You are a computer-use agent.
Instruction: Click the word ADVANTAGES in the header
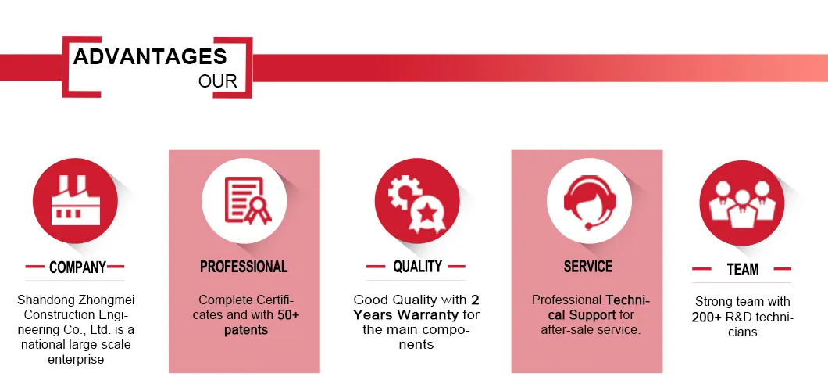coord(150,56)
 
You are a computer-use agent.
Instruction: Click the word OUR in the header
coord(218,81)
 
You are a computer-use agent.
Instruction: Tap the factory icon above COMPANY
coord(75,201)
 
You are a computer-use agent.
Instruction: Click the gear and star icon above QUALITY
coord(416,201)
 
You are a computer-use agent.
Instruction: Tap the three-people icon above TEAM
coord(741,203)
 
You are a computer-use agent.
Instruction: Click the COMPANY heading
coord(77,267)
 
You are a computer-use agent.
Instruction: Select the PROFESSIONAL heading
coord(244,267)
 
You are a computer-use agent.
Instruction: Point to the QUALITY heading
coord(417,267)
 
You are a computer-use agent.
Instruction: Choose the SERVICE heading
coord(588,267)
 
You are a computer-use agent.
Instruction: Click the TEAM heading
coord(742,270)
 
